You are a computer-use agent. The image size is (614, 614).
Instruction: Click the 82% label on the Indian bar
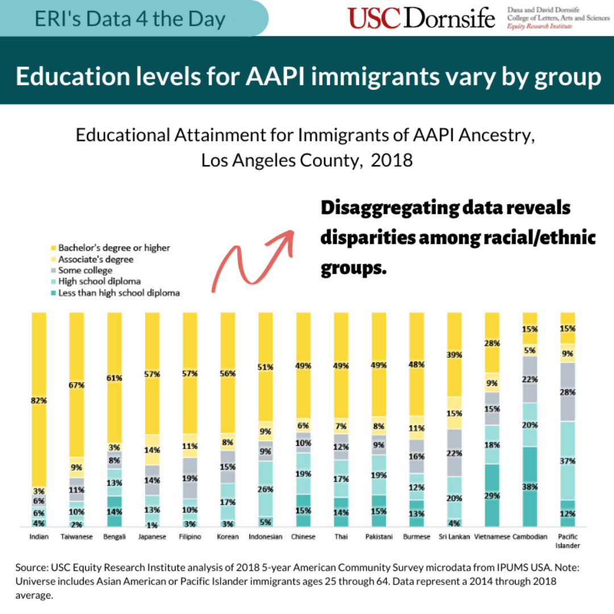pyautogui.click(x=39, y=400)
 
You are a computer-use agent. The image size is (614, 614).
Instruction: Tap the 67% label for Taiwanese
pyautogui.click(x=77, y=385)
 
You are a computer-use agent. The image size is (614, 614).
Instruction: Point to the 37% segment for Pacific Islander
pyautogui.click(x=568, y=461)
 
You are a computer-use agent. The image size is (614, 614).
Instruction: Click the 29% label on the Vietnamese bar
pyautogui.click(x=492, y=496)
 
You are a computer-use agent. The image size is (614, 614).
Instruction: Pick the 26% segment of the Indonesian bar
pyautogui.click(x=265, y=489)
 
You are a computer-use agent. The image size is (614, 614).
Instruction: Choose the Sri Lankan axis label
pyautogui.click(x=454, y=537)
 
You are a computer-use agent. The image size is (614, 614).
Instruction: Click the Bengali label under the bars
pyautogui.click(x=114, y=537)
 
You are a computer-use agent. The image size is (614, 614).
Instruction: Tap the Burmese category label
pyautogui.click(x=416, y=537)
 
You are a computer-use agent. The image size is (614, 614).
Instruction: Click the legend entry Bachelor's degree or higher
pyautogui.click(x=114, y=248)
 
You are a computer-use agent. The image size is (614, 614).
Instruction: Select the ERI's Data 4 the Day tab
pyautogui.click(x=130, y=19)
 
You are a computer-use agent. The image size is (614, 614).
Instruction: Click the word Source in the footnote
pyautogui.click(x=32, y=567)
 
